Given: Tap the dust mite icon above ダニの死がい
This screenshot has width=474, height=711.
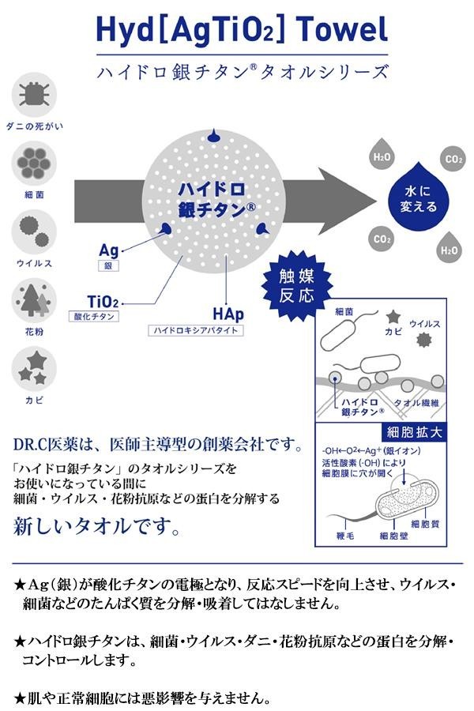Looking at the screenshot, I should pos(34,93).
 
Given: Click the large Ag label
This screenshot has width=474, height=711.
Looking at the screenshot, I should pos(108,250).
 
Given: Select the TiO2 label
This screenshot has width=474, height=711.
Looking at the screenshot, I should pos(103,300).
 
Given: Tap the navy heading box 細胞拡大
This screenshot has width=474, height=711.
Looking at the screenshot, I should pos(413,433).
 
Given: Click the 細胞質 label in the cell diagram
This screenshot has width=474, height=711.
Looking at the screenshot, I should pos(426,523).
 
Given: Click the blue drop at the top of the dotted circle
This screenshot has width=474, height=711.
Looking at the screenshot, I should pos(212,136).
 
